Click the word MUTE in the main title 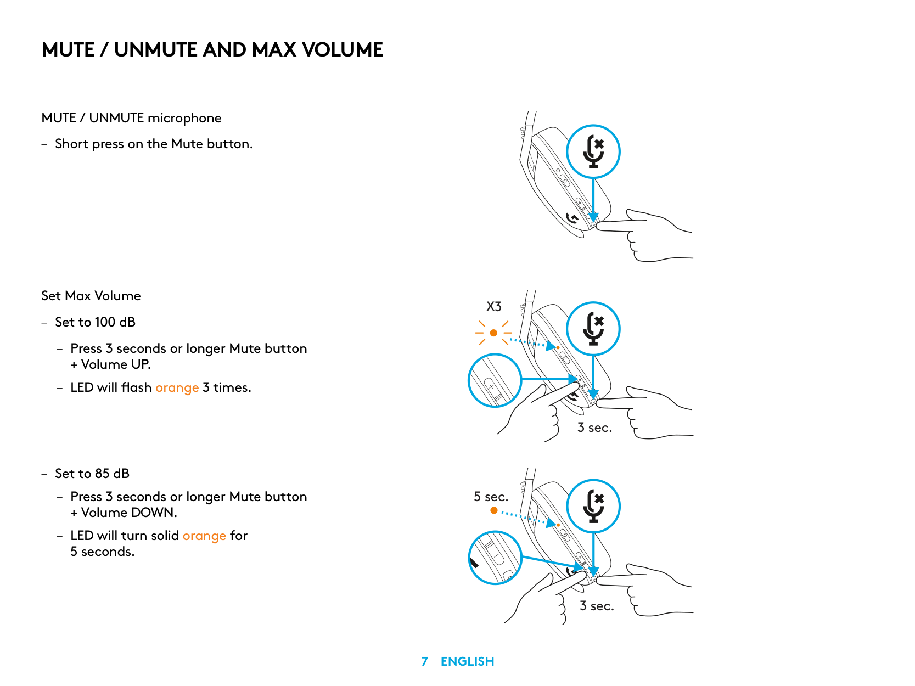[68, 50]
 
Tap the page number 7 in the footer [424, 661]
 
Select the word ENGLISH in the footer [467, 661]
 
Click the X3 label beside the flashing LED [493, 307]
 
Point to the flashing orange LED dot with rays [493, 333]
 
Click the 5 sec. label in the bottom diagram [491, 497]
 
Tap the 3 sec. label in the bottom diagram [597, 606]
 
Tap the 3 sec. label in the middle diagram [594, 428]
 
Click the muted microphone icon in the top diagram [593, 151]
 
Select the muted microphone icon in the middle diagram [593, 329]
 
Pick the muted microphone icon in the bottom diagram [593, 506]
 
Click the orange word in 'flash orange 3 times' [177, 388]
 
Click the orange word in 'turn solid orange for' [204, 536]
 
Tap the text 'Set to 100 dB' [95, 322]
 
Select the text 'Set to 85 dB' [92, 474]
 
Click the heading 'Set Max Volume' [91, 296]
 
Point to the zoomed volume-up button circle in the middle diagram [495, 380]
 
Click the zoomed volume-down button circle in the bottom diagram [495, 558]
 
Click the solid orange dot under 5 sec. [494, 510]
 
